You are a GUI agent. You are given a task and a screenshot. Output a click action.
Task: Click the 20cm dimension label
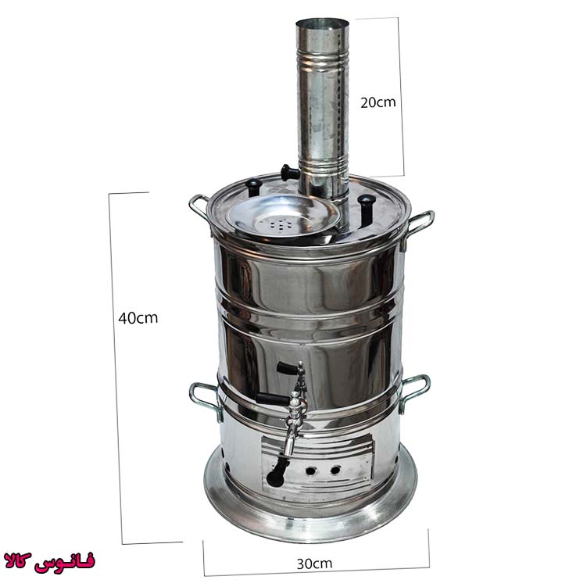click(378, 102)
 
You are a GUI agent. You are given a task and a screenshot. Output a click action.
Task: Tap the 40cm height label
click(138, 318)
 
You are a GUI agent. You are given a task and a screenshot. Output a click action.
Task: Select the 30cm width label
click(314, 564)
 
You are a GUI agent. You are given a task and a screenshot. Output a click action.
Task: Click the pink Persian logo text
click(49, 561)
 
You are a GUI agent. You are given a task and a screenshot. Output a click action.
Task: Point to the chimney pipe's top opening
click(322, 23)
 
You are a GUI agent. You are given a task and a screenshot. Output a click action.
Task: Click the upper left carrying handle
click(199, 207)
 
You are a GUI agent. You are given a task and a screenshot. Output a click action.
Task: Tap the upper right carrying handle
click(418, 227)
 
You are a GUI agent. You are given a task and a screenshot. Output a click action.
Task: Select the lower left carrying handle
click(204, 398)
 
